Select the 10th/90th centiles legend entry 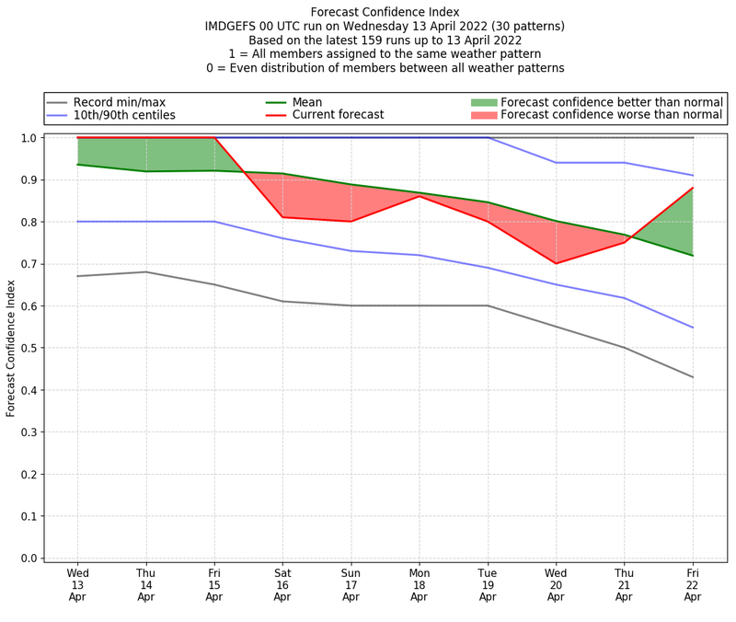[124, 116]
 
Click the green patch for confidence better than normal [484, 102]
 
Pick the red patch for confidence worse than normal [484, 116]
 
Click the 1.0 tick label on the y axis [29, 138]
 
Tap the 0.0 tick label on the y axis [29, 559]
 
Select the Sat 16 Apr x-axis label [282, 584]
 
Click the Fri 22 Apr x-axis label [693, 584]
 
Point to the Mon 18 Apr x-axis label [420, 584]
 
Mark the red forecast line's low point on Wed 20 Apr [556, 263]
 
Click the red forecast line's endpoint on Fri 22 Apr [693, 188]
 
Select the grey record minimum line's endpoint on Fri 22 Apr [693, 377]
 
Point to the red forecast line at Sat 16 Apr [282, 217]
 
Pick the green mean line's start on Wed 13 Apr [78, 165]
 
